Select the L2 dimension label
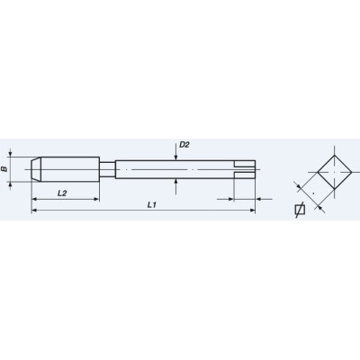(x=62, y=193)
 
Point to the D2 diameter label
(x=184, y=145)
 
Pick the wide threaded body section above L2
(x=72, y=168)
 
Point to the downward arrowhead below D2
(x=178, y=158)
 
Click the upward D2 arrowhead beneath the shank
(x=178, y=178)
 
